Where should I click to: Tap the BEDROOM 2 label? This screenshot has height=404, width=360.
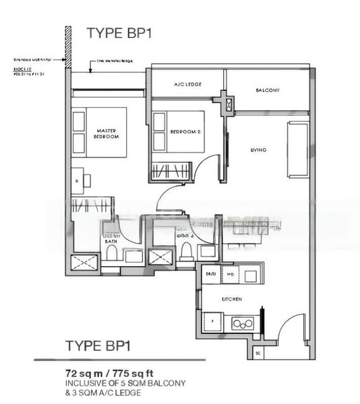186,131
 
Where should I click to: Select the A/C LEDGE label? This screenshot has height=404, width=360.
187,84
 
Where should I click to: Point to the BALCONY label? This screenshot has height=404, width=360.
268,90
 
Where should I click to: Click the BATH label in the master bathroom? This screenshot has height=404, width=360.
110,240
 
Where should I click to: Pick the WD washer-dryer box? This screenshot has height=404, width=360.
229,275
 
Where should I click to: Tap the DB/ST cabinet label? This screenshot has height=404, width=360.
210,275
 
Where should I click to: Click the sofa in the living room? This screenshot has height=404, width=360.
296,144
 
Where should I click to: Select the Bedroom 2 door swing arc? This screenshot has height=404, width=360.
209,168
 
